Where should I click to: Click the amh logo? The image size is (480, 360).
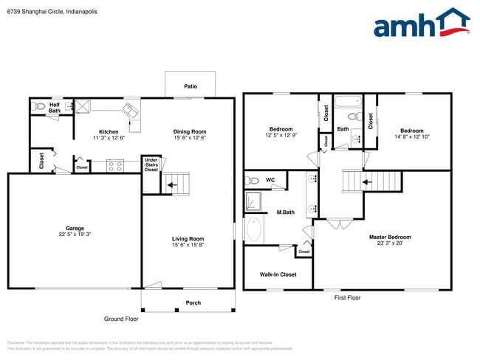pos(421,24)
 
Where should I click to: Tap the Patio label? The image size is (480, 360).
pos(190,86)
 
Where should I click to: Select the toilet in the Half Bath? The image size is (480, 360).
pos(38,106)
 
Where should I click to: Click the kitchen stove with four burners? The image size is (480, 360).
pos(116,166)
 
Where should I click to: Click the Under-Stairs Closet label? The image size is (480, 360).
pos(151,165)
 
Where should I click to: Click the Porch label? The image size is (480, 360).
pos(193,302)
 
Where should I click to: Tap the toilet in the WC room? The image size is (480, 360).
pos(253,179)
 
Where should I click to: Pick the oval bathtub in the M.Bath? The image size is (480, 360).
pos(253,230)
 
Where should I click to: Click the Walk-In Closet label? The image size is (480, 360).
pos(278,274)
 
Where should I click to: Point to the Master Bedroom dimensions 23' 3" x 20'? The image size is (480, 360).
pos(390,243)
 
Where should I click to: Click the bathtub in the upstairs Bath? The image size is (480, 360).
pos(347,102)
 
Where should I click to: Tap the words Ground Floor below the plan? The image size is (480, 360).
pos(120,319)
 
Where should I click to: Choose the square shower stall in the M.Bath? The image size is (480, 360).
pos(254,201)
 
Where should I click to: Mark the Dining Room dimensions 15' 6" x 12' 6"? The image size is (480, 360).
pos(190,137)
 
